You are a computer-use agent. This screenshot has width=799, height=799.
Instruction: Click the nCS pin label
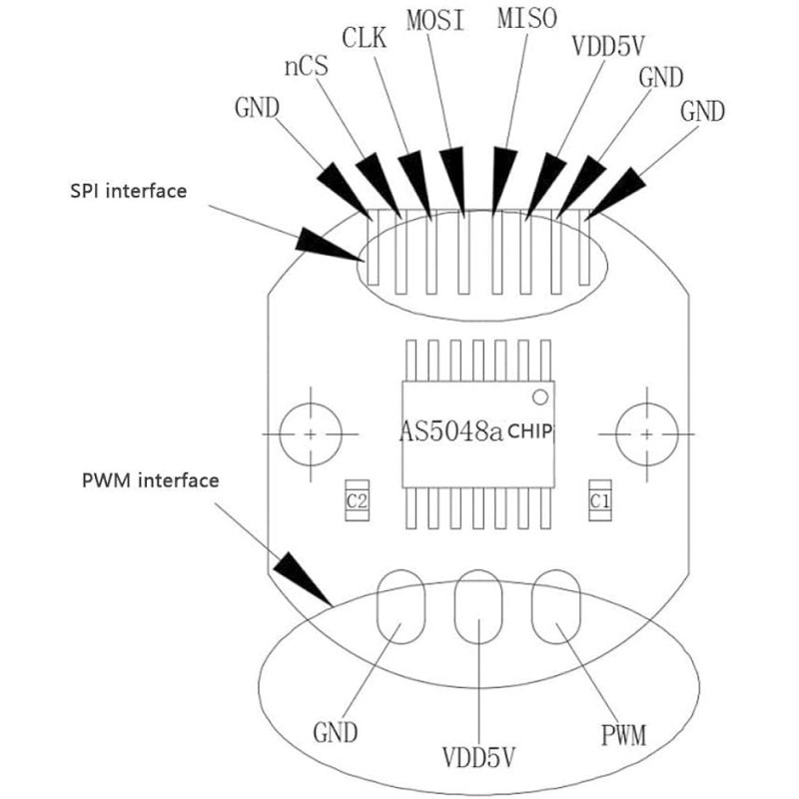[306, 67]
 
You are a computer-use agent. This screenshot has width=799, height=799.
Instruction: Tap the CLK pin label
[364, 38]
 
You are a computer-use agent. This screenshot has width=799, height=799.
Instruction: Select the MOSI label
[435, 20]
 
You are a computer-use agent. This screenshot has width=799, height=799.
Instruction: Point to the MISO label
[527, 18]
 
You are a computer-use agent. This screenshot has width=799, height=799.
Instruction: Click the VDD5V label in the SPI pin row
[608, 46]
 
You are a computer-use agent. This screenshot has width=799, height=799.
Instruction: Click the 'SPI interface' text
[129, 191]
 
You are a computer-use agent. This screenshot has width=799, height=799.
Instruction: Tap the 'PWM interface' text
[151, 480]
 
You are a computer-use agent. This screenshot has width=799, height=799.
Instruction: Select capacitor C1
[600, 500]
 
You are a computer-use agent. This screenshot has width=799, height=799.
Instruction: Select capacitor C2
[357, 500]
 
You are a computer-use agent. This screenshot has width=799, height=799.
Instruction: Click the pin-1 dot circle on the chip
[540, 397]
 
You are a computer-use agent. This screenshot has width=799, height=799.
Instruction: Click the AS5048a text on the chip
[451, 431]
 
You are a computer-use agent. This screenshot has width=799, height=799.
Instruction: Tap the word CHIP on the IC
[530, 431]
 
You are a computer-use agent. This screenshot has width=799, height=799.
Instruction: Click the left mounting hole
[311, 434]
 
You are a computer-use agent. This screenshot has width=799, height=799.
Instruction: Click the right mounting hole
[646, 434]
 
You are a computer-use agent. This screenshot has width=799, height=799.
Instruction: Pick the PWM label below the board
[623, 735]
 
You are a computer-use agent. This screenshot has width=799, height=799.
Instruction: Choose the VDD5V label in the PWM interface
[478, 757]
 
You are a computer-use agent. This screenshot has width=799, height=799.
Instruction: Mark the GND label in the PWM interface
[336, 733]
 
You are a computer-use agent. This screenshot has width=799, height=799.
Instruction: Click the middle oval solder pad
[478, 606]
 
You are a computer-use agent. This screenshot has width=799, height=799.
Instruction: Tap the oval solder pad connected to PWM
[556, 606]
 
